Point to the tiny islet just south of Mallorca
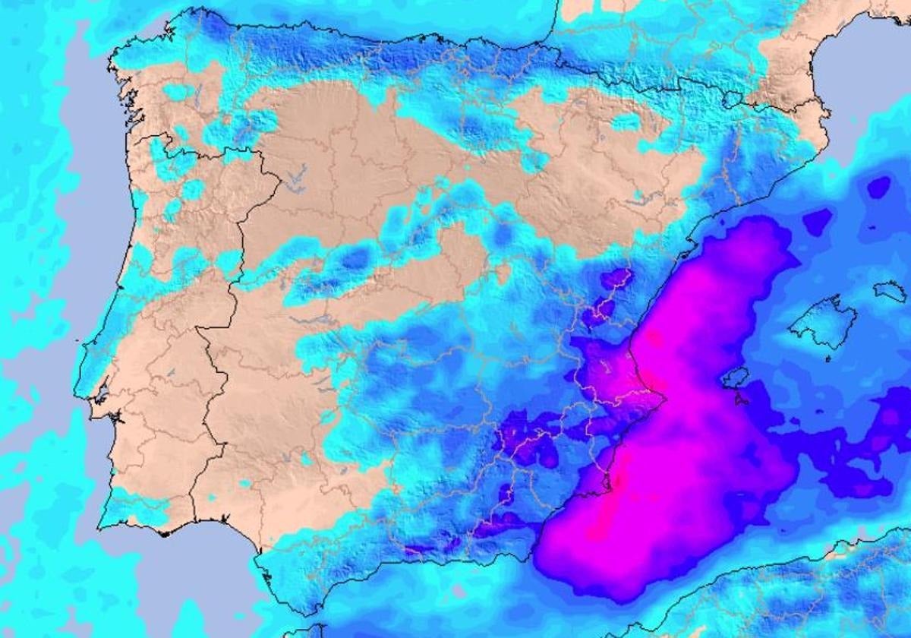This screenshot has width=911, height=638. (827, 358)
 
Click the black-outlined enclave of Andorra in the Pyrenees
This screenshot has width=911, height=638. (732, 98)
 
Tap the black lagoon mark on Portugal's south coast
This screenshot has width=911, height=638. (163, 532)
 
